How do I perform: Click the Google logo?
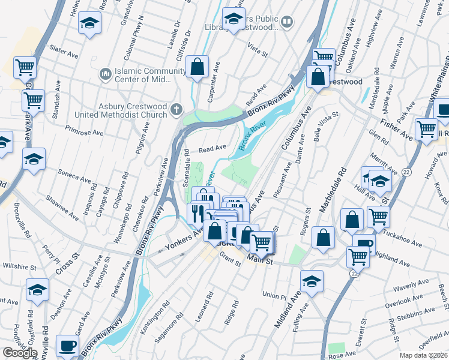pos(20,353)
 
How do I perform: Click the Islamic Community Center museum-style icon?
pos(104,74)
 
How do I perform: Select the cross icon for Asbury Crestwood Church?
pos(176,109)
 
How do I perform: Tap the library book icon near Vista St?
pos(288,23)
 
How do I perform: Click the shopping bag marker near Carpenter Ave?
pos(197,67)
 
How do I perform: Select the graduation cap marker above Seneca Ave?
pos(34,159)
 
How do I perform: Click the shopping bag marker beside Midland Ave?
pos(324,238)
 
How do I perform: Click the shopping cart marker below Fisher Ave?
pos(427,128)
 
